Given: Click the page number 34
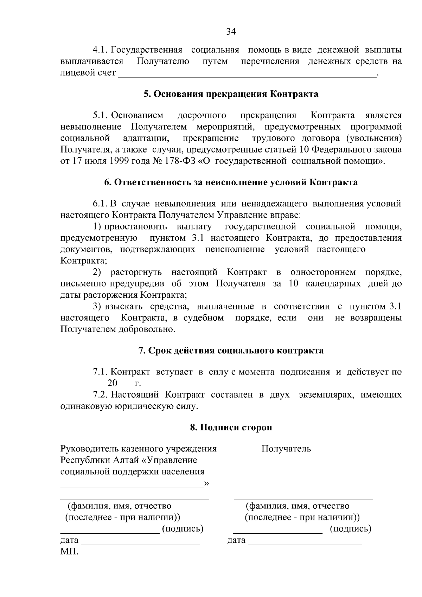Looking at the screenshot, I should click(x=230, y=32).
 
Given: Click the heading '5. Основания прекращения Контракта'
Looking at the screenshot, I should click(x=231, y=94).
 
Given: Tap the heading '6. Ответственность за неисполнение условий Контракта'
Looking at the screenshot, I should click(x=231, y=182).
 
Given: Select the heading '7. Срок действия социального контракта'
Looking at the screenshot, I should click(x=231, y=351).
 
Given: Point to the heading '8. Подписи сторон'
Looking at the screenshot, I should click(x=231, y=428).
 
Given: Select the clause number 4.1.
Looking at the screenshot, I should click(x=102, y=50).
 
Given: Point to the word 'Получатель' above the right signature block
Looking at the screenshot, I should click(x=286, y=449).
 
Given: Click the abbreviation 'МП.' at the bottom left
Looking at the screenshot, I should click(x=70, y=551).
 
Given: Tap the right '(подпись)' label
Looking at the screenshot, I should click(x=350, y=529).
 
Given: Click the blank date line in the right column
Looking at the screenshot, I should click(x=305, y=544).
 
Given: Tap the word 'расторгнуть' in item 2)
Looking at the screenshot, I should click(x=136, y=272).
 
